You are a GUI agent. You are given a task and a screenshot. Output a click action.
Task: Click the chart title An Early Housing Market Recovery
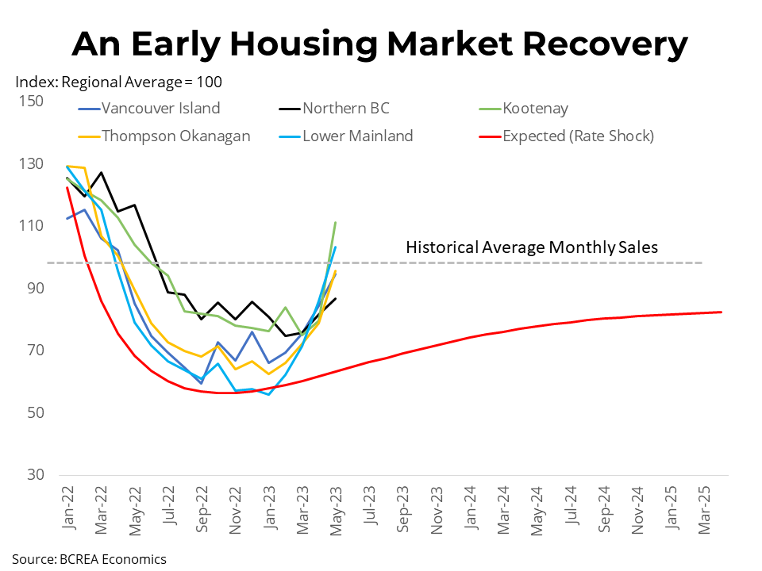pyautogui.click(x=380, y=44)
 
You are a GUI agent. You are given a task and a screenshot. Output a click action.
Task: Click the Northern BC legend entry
pyautogui.click(x=346, y=109)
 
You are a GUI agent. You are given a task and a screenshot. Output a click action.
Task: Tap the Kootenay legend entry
pyautogui.click(x=536, y=109)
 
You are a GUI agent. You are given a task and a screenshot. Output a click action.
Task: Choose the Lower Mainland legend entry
pyautogui.click(x=357, y=136)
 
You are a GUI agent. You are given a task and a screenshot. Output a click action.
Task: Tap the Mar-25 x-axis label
pyautogui.click(x=703, y=508)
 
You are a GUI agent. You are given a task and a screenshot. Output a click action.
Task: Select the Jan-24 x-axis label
pyautogui.click(x=471, y=508)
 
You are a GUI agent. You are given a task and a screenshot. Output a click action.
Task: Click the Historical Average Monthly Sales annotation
pyautogui.click(x=532, y=247)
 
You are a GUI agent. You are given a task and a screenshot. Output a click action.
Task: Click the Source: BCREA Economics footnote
pyautogui.click(x=89, y=559)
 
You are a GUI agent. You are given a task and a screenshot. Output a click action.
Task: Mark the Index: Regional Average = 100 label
pyautogui.click(x=119, y=82)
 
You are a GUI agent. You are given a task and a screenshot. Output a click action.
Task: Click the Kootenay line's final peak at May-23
pyautogui.click(x=336, y=223)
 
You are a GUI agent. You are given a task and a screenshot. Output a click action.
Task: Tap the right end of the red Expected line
pyautogui.click(x=721, y=312)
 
